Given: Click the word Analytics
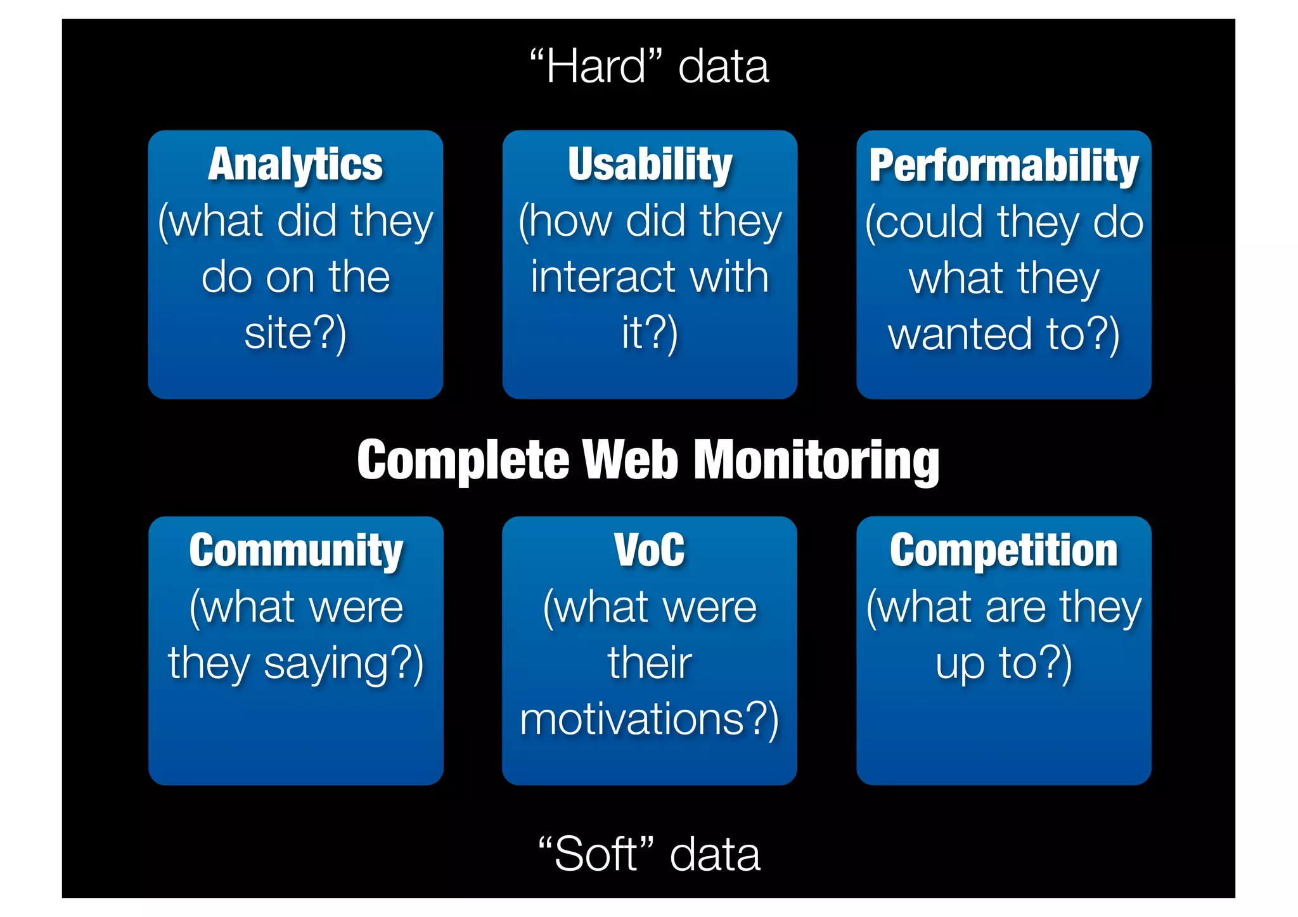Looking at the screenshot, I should (295, 165).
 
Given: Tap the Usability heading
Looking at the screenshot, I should (650, 165).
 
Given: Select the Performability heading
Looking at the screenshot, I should (1004, 166).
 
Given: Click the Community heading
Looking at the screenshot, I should (295, 551).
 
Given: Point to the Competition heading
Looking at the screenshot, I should (1004, 551).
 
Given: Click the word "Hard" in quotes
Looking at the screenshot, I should (596, 67).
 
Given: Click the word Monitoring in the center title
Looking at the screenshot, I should (817, 461).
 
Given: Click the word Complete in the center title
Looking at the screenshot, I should (463, 461).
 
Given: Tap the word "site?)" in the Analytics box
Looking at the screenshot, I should (295, 333).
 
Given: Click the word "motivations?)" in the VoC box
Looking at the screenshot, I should (650, 720).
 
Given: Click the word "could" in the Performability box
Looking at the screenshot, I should (925, 222).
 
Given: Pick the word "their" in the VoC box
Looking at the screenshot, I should (650, 664).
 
